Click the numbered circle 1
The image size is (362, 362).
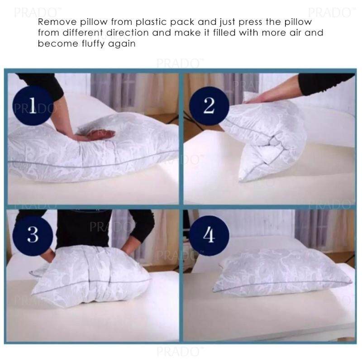coord(33,105)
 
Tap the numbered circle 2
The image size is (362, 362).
coord(209,106)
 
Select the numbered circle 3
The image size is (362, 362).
coord(33,235)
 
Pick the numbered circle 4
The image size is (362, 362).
coord(209,235)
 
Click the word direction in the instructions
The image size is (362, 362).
coord(127,33)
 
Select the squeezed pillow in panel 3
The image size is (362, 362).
coord(90,276)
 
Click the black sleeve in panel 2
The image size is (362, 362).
coord(325,84)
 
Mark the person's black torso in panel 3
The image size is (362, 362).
coord(84,229)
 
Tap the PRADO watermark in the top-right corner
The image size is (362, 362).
coord(330,12)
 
